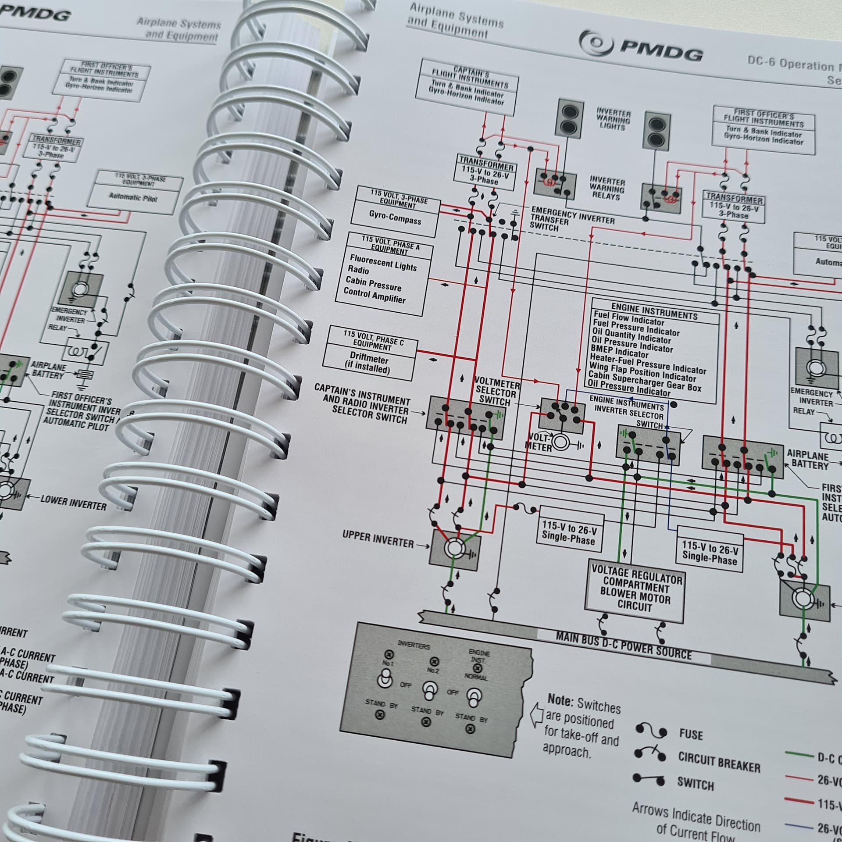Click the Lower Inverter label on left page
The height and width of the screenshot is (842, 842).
coord(73,503)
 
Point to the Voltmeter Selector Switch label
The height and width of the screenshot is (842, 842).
coord(497,391)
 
